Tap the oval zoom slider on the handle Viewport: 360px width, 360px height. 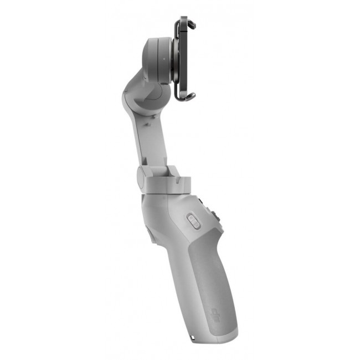(x=193, y=222)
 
